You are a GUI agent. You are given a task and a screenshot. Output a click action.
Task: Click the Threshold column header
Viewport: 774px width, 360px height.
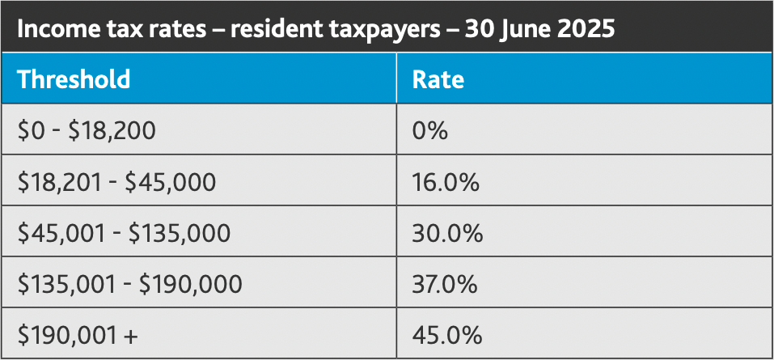[74, 79]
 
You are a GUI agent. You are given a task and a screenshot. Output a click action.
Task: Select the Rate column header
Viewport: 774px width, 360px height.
[438, 79]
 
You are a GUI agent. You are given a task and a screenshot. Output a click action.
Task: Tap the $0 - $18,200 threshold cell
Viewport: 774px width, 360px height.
[87, 130]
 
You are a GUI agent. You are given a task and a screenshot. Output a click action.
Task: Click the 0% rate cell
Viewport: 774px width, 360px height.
[429, 130]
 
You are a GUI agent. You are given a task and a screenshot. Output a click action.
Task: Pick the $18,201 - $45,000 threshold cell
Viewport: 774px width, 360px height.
[116, 181]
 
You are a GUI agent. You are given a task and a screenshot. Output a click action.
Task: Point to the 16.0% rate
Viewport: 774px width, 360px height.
[446, 181]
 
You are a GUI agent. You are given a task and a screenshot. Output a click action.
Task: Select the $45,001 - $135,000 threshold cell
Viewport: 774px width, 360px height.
[124, 233]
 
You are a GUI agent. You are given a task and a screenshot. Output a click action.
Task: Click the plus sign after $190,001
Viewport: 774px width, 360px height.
[131, 336]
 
